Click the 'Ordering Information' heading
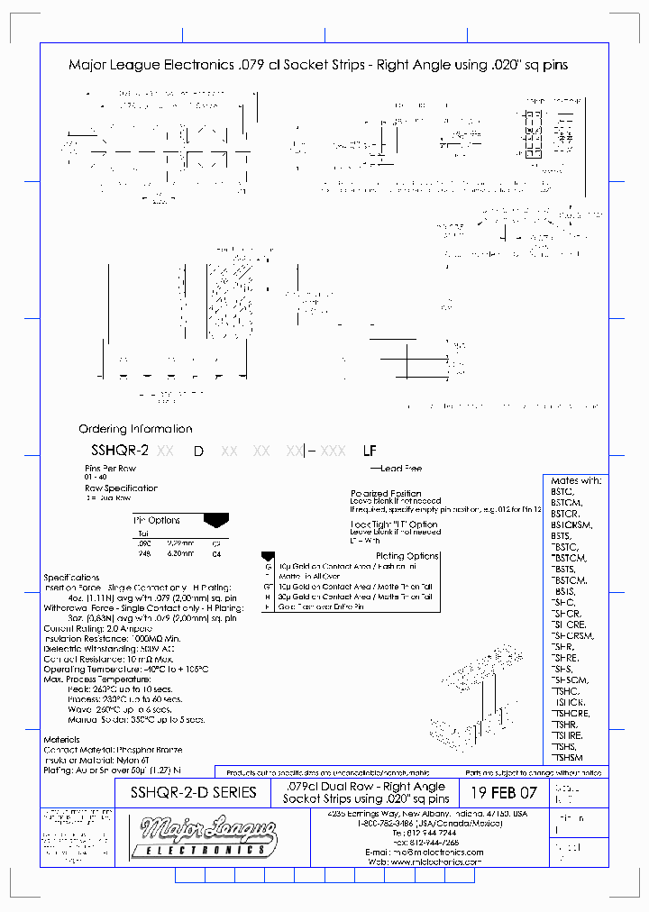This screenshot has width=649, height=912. tap(135, 429)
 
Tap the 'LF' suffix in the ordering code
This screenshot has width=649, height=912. tap(369, 451)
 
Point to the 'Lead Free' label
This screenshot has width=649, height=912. tap(401, 469)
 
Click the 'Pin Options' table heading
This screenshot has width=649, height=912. tap(157, 520)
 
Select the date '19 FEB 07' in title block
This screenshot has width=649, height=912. tap(503, 793)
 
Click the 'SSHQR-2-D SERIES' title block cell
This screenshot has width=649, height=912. tap(194, 793)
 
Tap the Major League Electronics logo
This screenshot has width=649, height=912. tap(197, 835)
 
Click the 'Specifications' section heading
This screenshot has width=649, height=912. tap(72, 577)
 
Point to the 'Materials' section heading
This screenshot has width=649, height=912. tap(66, 739)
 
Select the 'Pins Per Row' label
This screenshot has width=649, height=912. tap(111, 469)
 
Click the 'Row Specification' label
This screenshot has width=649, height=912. tap(121, 488)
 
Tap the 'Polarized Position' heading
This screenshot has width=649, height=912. tap(386, 493)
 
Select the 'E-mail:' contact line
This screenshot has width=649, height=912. tap(424, 852)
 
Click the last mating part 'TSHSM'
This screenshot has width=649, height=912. tap(568, 758)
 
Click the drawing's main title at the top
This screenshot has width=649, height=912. tap(318, 65)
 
